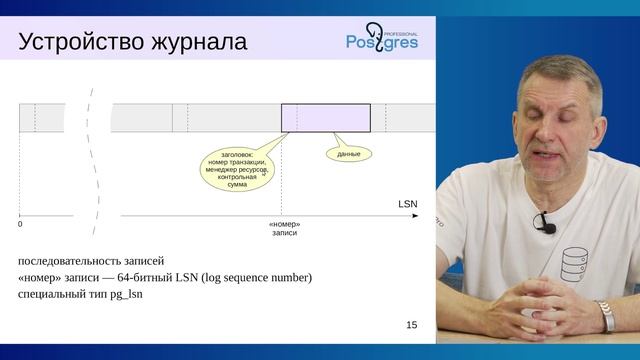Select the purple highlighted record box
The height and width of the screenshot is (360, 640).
(325, 117)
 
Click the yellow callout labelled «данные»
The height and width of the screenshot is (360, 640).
(348, 154)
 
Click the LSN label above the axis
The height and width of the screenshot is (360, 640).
(407, 203)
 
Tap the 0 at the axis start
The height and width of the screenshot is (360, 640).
(20, 224)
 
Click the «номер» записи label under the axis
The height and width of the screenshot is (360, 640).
(285, 228)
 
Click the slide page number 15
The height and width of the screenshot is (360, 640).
(412, 325)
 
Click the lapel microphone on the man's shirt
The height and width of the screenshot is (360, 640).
(547, 224)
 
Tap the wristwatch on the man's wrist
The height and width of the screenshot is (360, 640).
(605, 317)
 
